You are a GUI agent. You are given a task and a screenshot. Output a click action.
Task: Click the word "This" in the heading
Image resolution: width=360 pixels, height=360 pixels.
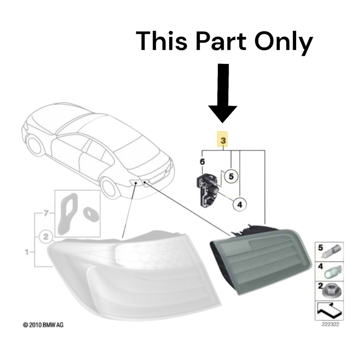[x=162, y=41]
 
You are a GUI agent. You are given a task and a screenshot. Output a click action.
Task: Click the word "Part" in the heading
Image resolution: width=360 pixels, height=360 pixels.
[x=221, y=41]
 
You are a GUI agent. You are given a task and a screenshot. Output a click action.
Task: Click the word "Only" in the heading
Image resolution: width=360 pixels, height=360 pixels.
[x=283, y=43]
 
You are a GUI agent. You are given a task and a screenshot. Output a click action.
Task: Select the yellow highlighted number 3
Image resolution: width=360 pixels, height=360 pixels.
[x=222, y=139]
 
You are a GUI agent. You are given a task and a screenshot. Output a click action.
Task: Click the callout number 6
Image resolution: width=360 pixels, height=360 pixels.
[x=202, y=162]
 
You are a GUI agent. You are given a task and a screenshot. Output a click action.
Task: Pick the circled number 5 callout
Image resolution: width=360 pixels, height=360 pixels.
[x=231, y=176]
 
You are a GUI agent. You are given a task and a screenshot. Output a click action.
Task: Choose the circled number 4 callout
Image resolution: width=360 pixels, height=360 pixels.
[x=240, y=204]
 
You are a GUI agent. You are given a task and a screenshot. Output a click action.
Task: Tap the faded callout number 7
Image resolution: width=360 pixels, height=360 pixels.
[x=46, y=213]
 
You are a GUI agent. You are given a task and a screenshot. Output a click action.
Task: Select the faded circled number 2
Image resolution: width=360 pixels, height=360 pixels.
[x=46, y=237]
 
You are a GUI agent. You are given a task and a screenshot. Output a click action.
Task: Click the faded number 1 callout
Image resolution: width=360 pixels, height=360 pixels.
[x=27, y=252]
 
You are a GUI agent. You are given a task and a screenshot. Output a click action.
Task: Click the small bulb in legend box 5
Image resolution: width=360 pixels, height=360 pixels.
[x=332, y=252]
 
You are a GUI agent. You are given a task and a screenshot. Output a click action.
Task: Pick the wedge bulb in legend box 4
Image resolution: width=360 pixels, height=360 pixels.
[x=333, y=271]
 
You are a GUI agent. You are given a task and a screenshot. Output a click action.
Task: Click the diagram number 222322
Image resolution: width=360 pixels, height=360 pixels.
[x=330, y=324]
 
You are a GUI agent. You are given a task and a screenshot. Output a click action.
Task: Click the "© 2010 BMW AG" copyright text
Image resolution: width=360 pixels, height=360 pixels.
[x=43, y=325]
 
